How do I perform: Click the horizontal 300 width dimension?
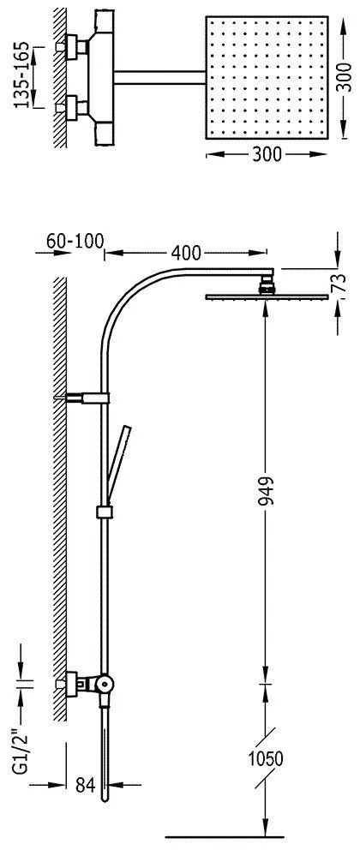tap(267, 155)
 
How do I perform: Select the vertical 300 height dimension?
tap(344, 77)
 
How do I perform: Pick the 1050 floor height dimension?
tap(265, 759)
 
